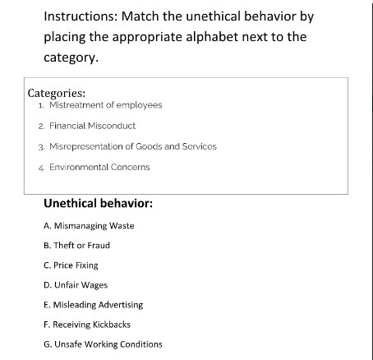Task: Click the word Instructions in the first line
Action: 79,16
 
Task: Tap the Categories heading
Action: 57,93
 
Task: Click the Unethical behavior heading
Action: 98,202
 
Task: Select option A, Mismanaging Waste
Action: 89,225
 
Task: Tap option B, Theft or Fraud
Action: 76,245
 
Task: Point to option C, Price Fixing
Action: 71,265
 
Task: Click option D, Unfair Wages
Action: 76,284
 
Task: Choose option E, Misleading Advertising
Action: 93,304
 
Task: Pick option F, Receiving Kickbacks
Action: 87,324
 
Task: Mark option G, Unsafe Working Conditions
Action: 103,344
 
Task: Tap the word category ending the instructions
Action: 70,59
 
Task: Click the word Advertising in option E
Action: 119,304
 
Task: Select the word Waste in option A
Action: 121,225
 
